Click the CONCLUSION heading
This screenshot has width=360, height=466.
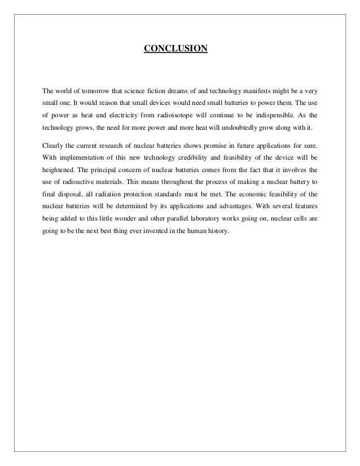tap(176, 49)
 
